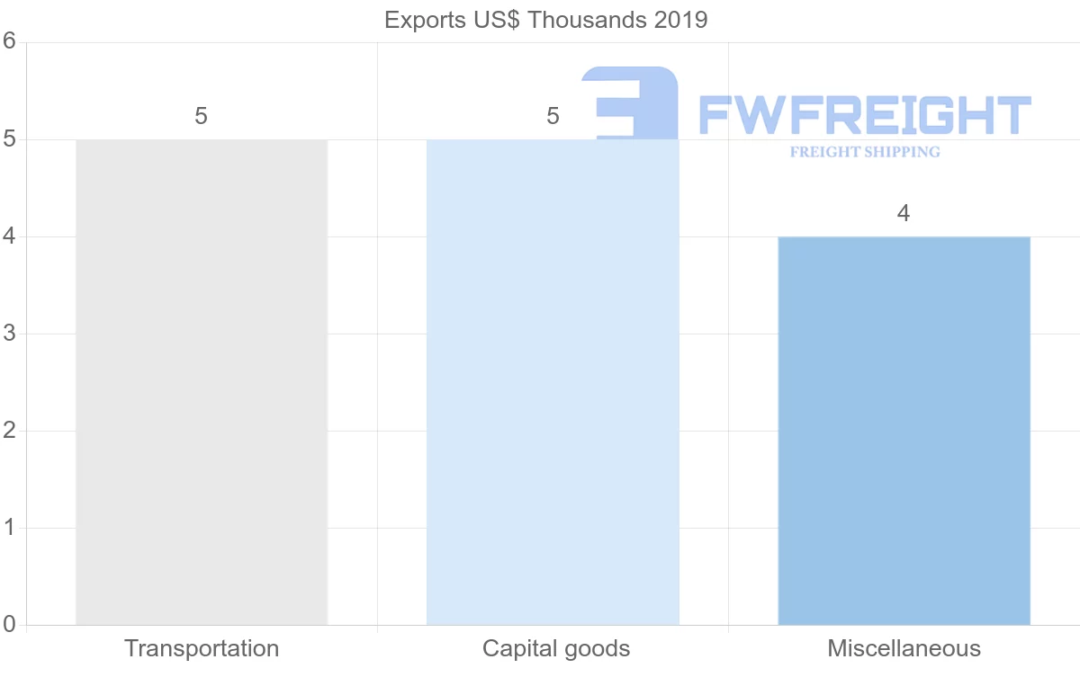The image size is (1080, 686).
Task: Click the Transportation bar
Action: (202, 382)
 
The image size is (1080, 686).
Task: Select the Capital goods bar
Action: (553, 382)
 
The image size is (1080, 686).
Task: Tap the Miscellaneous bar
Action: (904, 431)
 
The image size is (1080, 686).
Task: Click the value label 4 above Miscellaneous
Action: (904, 214)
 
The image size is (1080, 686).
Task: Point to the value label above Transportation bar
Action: (201, 117)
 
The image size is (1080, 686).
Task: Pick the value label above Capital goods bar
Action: (553, 117)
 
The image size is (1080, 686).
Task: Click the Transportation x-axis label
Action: (202, 648)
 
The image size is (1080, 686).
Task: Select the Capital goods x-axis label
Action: (556, 648)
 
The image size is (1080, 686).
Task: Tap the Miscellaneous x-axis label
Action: (904, 648)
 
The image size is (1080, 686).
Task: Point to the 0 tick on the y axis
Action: (10, 625)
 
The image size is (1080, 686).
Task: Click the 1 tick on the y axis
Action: (10, 528)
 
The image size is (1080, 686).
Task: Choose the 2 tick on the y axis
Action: (10, 431)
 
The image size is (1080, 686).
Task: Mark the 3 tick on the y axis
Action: (10, 334)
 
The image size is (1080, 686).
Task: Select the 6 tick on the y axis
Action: (10, 41)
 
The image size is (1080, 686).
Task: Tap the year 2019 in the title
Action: (681, 20)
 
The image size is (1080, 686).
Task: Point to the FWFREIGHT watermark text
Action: (864, 115)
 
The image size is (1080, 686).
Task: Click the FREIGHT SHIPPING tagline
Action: (864, 152)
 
